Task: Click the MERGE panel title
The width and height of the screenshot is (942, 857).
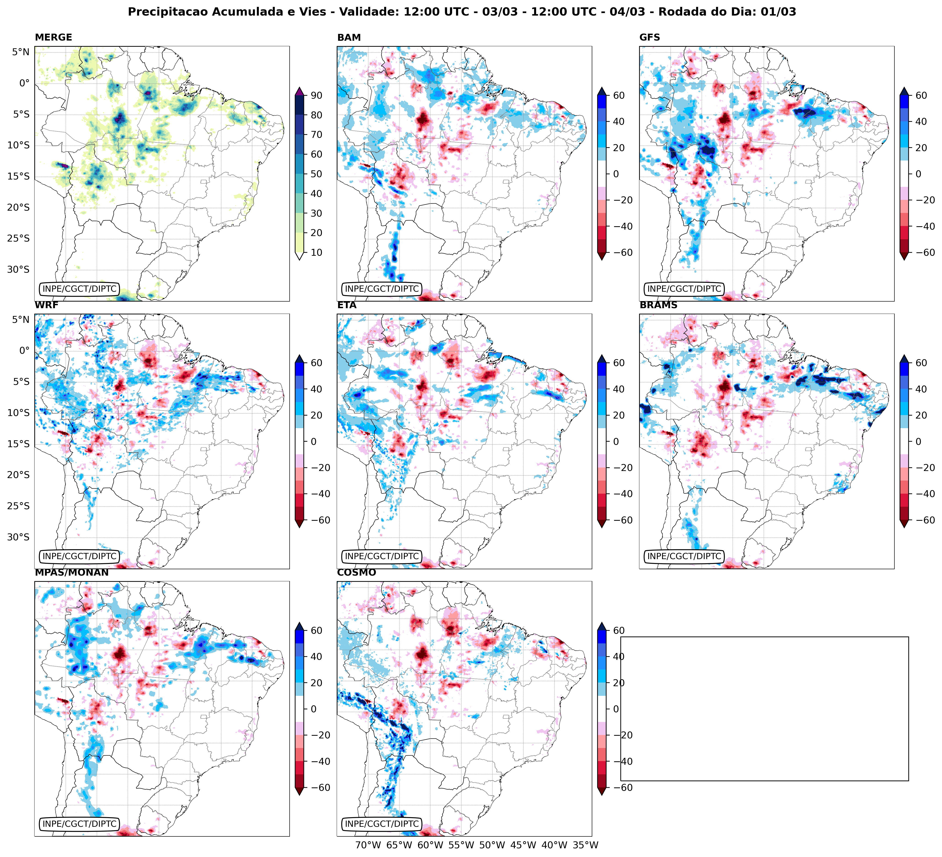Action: tap(53, 37)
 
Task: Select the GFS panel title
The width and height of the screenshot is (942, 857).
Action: tap(649, 37)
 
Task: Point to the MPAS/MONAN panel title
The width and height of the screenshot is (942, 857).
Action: tap(71, 572)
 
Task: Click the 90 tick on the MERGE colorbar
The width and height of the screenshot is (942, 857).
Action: tap(316, 95)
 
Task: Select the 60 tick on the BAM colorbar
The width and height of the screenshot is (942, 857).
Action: tap(619, 95)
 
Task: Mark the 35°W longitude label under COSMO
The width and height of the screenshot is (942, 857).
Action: tap(586, 845)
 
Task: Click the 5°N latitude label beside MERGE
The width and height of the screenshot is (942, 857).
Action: tap(21, 52)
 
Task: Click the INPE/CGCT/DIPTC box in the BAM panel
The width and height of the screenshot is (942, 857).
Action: tap(382, 289)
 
